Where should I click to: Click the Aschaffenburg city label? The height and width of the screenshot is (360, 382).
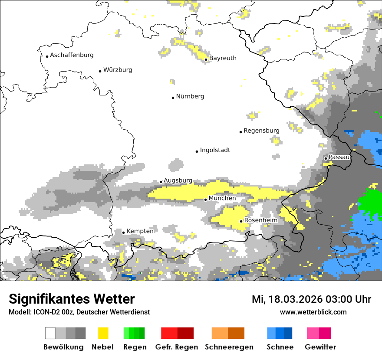pos(72,55)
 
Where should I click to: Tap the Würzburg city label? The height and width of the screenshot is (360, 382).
pos(118,70)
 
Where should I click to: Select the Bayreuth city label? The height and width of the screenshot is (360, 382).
pos(223,58)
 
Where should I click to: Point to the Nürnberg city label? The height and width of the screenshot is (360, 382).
pos(190,96)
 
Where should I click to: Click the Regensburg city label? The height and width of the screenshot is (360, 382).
pos(261,131)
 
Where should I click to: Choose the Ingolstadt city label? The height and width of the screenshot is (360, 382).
pos(215,150)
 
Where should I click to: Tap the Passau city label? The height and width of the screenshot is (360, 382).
pos(339,157)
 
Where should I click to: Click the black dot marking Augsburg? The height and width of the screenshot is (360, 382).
pos(161,182)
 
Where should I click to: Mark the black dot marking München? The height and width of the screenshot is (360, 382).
pos(206,200)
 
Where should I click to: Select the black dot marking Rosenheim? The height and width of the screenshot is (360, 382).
pos(241,221)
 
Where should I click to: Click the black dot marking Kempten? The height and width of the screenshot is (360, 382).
pos(123,232)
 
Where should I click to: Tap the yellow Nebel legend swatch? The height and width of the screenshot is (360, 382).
pos(103,333)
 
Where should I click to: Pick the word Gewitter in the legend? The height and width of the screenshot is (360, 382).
pos(320,347)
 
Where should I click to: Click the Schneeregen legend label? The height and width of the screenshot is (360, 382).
pos(229,347)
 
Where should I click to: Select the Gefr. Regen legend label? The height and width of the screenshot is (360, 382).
pos(177,347)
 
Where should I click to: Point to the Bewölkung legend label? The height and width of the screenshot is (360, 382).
pos(63,347)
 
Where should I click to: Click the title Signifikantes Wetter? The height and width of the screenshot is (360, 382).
pos(72,299)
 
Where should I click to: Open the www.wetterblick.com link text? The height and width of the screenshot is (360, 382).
pos(313,312)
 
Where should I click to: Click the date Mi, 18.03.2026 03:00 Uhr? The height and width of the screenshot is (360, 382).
pos(311,299)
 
